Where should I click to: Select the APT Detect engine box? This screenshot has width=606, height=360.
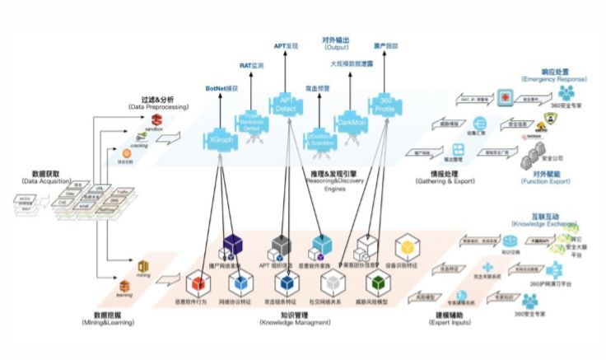(x=287, y=104)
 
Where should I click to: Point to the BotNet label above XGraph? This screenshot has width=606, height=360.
(x=221, y=87)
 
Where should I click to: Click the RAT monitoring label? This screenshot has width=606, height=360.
(x=252, y=64)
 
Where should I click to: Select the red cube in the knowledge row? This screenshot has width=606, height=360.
(x=198, y=283)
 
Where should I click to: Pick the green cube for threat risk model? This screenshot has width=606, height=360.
(x=376, y=283)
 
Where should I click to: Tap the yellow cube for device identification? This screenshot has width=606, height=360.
(x=409, y=248)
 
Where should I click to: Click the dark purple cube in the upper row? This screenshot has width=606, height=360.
(x=234, y=245)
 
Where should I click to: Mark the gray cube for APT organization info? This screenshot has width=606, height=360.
(x=282, y=245)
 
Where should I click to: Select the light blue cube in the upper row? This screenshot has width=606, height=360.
(x=322, y=245)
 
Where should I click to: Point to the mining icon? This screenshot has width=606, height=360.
(x=142, y=265)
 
